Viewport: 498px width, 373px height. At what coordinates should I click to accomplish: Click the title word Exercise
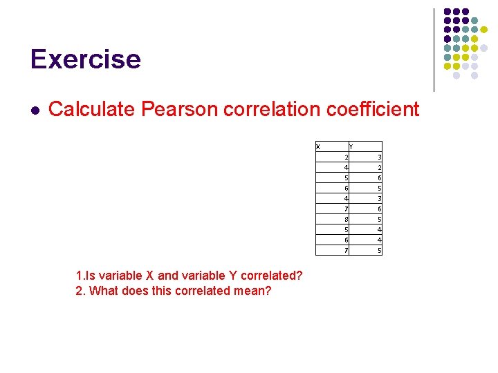point(86,59)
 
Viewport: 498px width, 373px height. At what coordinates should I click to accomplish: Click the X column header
point(318,146)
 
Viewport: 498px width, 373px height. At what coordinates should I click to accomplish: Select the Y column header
point(351,146)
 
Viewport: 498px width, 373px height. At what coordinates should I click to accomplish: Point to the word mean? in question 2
point(254,291)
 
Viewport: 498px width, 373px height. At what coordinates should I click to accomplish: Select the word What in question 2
point(102,291)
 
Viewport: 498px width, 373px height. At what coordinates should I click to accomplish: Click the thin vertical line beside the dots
point(434,50)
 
